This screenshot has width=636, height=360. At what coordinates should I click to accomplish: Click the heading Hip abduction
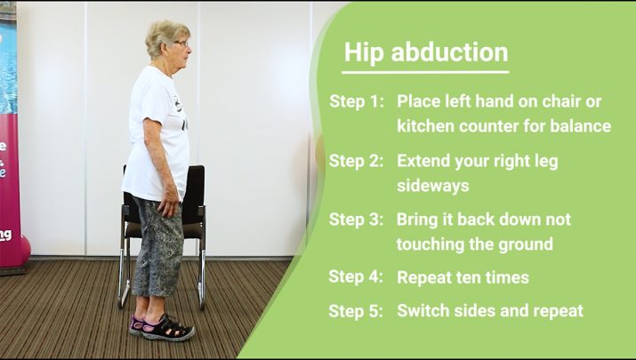(x=426, y=53)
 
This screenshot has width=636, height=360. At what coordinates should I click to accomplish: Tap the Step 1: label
(x=357, y=101)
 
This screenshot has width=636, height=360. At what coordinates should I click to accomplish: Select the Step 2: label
(x=356, y=161)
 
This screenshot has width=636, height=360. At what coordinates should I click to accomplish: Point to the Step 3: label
(x=356, y=220)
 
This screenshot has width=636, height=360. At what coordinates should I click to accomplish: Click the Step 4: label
(x=356, y=276)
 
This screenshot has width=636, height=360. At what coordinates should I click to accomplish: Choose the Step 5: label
(x=356, y=311)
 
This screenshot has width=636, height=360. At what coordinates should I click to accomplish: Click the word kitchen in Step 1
(x=425, y=125)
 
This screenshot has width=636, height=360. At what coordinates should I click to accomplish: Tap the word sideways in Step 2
(x=433, y=187)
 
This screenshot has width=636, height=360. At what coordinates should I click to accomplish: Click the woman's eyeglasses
(x=182, y=43)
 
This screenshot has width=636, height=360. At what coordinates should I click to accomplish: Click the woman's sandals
(x=162, y=328)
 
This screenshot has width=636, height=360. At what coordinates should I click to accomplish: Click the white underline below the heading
(x=425, y=73)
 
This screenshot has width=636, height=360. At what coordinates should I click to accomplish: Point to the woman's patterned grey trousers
(x=158, y=247)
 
